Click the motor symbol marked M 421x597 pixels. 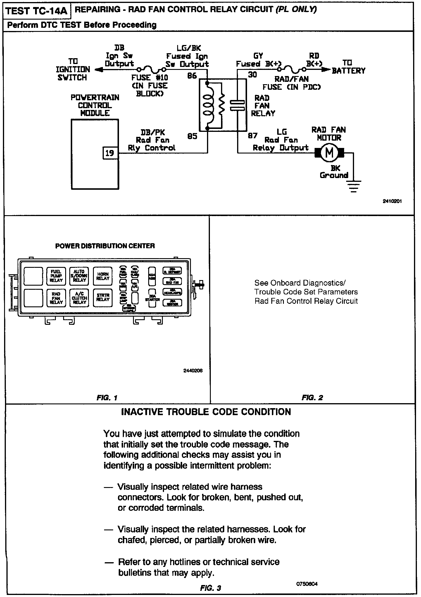click(329, 153)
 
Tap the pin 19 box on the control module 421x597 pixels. click(110, 153)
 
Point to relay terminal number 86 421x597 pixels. click(192, 76)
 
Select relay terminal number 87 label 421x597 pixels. click(253, 136)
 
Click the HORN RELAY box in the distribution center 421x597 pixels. click(103, 276)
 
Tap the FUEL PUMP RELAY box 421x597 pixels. click(56, 276)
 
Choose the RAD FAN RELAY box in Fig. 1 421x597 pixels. click(56, 298)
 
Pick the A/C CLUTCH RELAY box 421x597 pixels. click(79, 298)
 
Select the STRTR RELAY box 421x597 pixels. click(103, 298)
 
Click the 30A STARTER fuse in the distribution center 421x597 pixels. click(152, 298)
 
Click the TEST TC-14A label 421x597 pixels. click(37, 11)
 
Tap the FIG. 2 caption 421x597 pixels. click(312, 397)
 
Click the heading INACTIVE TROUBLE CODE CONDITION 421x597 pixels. click(206, 412)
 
